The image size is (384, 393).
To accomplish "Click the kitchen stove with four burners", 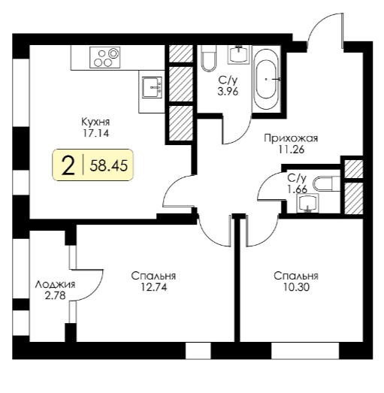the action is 105,57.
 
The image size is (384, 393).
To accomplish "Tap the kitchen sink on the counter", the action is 152,87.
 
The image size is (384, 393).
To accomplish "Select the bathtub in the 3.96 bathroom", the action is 266,79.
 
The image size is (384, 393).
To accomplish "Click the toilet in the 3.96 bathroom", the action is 209,58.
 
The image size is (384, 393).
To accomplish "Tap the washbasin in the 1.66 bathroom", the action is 307,203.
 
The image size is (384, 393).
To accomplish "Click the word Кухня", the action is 95,122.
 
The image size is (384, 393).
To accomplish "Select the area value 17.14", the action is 96,133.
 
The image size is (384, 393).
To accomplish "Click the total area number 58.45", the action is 108,165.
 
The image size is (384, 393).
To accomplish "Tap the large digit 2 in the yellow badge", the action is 68,165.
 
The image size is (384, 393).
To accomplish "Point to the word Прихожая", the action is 291,138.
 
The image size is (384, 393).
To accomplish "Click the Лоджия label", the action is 55,285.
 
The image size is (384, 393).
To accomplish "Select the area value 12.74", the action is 153,287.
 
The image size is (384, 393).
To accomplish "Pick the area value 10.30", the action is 296,287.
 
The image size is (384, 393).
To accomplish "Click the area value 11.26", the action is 291,150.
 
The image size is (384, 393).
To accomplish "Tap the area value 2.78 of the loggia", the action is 55,295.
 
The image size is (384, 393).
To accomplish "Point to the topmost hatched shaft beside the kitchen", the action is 181,53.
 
